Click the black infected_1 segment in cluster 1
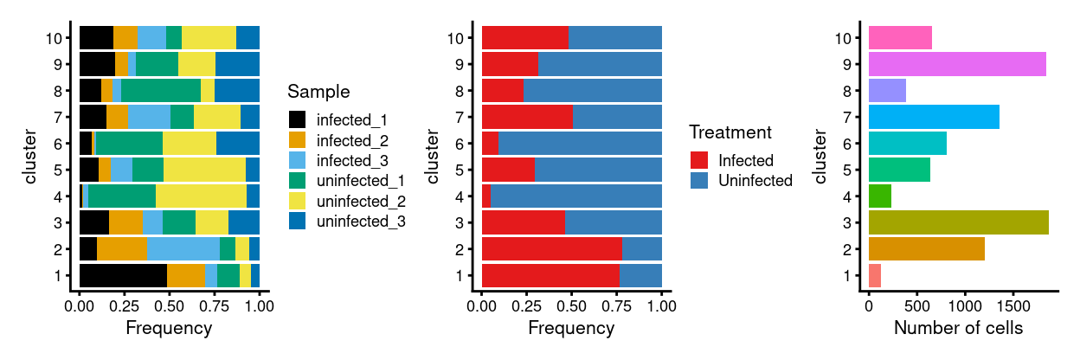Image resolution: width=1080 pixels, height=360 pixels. pyautogui.click(x=123, y=275)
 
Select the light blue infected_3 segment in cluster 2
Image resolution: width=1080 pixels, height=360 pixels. pyautogui.click(x=183, y=248)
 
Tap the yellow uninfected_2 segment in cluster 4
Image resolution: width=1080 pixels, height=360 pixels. pyautogui.click(x=201, y=196)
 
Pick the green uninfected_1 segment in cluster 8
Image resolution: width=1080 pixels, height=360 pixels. pyautogui.click(x=160, y=91)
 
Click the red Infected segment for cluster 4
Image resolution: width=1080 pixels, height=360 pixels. pyautogui.click(x=486, y=196)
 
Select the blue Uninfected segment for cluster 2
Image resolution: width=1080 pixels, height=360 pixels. pyautogui.click(x=642, y=248)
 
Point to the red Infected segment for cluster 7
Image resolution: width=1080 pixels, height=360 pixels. pyautogui.click(x=527, y=117)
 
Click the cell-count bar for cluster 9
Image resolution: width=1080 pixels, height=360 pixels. pyautogui.click(x=957, y=65)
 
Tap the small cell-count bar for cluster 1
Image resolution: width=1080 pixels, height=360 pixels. pyautogui.click(x=875, y=275)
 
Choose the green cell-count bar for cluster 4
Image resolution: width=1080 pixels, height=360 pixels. pyautogui.click(x=880, y=196)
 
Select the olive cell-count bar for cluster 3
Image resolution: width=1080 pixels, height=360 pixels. pyautogui.click(x=958, y=222)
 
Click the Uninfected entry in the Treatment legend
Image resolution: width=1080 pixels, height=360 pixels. pyautogui.click(x=755, y=181)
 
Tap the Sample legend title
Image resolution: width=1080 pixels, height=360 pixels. pyautogui.click(x=318, y=92)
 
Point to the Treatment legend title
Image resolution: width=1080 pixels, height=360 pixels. pyautogui.click(x=730, y=133)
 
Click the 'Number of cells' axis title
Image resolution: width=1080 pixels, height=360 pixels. pyautogui.click(x=957, y=329)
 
